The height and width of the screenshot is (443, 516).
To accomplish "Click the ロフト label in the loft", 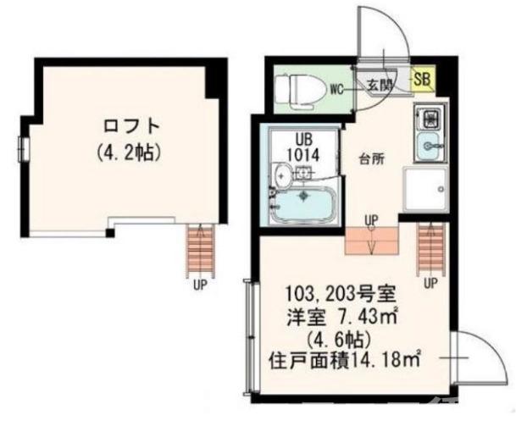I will tap(130, 126).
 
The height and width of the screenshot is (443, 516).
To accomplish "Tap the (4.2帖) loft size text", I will tap(130, 153).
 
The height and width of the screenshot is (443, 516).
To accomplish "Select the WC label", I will tap(336, 87).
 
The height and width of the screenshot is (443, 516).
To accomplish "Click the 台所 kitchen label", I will tap(372, 158).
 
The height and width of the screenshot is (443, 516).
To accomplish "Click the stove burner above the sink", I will tap(429, 117).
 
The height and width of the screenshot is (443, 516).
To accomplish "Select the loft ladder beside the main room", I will tap(431, 246).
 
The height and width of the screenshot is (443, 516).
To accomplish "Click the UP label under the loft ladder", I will tap(200, 285).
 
